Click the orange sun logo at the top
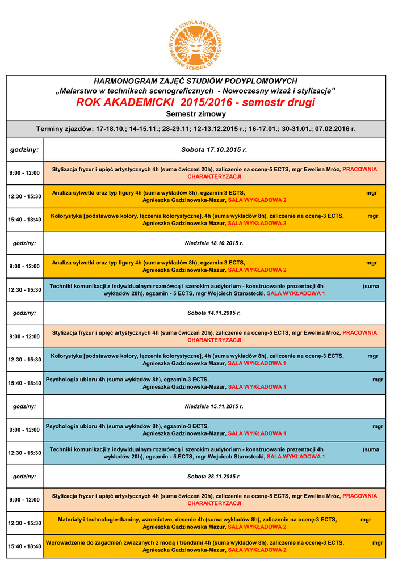click(195, 43)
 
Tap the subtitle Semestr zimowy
click(195, 114)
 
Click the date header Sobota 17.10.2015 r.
click(214, 150)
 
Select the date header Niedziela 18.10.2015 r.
click(214, 243)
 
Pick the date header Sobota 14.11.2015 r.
click(214, 313)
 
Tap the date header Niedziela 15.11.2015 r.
click(214, 406)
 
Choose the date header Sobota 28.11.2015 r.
click(214, 477)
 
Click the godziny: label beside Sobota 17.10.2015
click(24, 150)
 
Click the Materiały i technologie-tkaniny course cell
click(214, 523)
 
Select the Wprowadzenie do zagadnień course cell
click(214, 546)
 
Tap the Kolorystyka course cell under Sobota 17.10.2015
click(214, 220)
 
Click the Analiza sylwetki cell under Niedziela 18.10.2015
click(214, 266)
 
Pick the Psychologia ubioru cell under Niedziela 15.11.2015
click(214, 430)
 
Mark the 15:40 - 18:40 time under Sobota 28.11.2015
click(24, 546)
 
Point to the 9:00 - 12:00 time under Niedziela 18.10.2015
click(24, 266)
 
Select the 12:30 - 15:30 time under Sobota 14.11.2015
click(24, 360)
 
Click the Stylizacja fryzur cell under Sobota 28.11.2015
click(214, 499)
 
